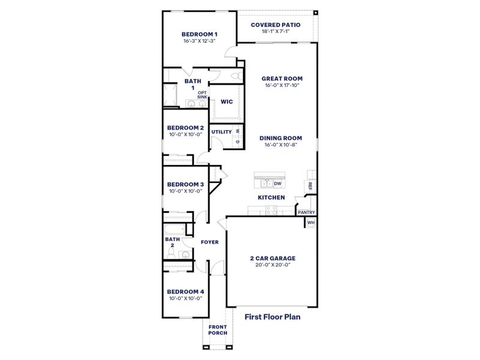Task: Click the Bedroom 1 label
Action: click(x=200, y=34)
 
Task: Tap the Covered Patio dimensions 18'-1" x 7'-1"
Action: click(x=275, y=31)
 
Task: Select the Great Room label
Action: click(x=282, y=78)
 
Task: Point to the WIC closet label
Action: click(x=226, y=102)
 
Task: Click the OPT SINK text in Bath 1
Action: click(x=202, y=94)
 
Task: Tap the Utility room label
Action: click(x=221, y=131)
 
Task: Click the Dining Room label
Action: click(x=281, y=137)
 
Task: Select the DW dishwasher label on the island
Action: click(x=278, y=184)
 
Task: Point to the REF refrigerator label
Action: click(x=310, y=187)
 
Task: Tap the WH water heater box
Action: click(x=310, y=222)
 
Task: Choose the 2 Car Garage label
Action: click(x=272, y=259)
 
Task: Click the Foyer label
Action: click(x=209, y=242)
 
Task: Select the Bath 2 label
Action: click(x=172, y=242)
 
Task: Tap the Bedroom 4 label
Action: click(x=185, y=292)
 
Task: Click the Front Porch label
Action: click(x=217, y=330)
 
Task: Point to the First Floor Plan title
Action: click(x=272, y=316)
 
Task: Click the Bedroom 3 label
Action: click(x=185, y=184)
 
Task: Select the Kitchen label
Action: click(x=271, y=197)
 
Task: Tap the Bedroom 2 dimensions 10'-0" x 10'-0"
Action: click(x=185, y=134)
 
